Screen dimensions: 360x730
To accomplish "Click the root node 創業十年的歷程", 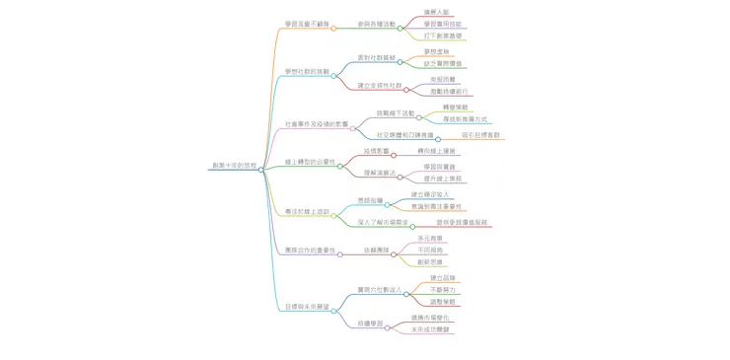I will coord(233,166).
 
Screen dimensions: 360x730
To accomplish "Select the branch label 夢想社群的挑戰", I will coord(305,72).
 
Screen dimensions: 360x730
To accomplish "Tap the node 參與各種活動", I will coord(376,24).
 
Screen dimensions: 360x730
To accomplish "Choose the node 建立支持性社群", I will coord(377,86).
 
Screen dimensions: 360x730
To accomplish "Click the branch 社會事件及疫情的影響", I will coord(317,124).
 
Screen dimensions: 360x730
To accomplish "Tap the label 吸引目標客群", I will coord(480,134).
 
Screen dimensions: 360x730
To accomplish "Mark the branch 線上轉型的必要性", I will coord(310,161).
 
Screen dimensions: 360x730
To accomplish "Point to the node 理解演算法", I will coord(379,173).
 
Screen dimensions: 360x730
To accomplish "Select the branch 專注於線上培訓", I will coord(307,211).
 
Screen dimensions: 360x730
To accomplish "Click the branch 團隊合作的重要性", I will coord(310,251).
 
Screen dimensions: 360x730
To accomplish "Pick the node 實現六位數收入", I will coord(378,290).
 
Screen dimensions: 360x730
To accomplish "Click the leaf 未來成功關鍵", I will coord(431,329).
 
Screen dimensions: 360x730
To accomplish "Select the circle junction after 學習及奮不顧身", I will coord(333,28).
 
